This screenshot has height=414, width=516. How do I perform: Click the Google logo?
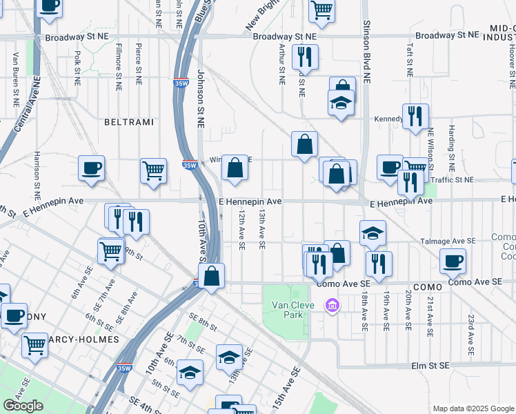[x=23, y=406]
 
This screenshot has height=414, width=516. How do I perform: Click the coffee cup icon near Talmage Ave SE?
[x=453, y=261]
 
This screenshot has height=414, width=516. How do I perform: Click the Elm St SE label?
[x=430, y=364]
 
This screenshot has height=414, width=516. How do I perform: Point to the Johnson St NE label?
[x=201, y=100]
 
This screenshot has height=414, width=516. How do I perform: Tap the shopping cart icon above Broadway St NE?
[x=321, y=10]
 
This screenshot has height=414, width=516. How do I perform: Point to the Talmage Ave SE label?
[x=448, y=241]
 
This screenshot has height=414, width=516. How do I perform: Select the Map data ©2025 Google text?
[x=473, y=408]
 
